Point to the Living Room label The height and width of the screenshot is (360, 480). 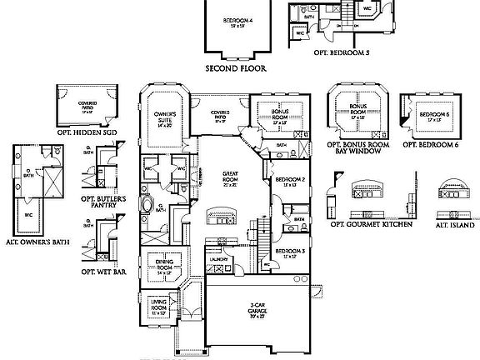[x=159, y=308]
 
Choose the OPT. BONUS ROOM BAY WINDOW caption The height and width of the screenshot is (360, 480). [x=360, y=149]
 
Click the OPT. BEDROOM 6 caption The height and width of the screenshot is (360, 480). [x=431, y=144]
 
